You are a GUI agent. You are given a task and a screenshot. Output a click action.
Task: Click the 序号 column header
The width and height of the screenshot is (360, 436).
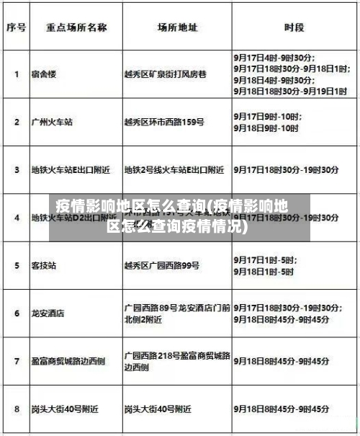[17, 28]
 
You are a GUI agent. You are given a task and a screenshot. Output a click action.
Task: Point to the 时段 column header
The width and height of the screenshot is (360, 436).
[294, 28]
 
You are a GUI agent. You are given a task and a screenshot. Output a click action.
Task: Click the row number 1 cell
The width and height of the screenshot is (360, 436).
[17, 73]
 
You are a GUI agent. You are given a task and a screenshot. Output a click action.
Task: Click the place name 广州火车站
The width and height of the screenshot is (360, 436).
[52, 122]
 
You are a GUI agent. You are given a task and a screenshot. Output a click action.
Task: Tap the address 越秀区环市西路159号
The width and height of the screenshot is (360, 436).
[166, 122]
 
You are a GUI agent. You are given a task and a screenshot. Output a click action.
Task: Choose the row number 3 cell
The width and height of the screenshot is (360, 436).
[17, 170]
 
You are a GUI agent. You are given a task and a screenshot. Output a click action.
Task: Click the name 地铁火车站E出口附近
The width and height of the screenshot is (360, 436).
[71, 170]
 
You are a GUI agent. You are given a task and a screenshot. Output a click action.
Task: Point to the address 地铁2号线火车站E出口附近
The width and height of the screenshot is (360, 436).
[174, 170]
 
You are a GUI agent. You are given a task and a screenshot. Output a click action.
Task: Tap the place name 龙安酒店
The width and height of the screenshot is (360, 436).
[48, 313]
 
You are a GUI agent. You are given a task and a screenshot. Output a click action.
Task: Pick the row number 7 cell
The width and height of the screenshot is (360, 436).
[17, 360]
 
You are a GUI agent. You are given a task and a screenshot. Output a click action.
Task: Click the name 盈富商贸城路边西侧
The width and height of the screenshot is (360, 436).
[68, 360]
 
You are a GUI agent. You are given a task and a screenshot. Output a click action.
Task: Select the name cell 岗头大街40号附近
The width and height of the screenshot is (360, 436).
[65, 409]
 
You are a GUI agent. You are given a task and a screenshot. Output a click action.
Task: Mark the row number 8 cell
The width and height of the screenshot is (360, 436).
[17, 409]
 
